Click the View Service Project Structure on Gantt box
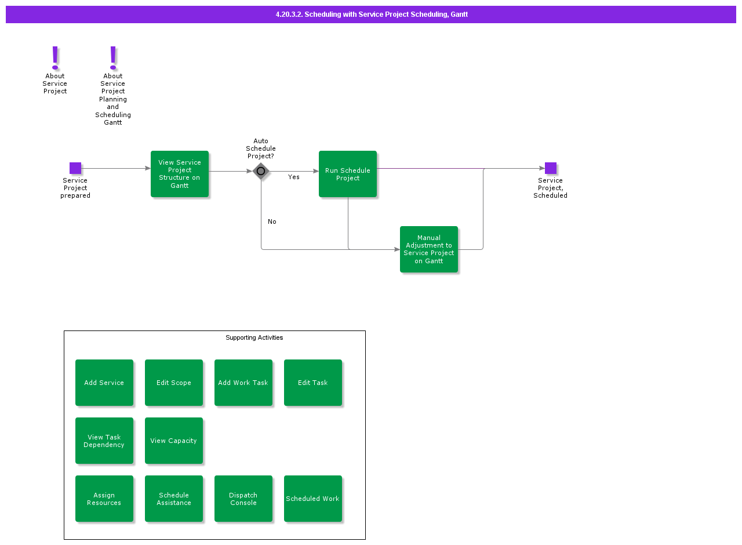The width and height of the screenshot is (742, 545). tap(180, 174)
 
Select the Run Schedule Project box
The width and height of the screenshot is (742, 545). tap(348, 174)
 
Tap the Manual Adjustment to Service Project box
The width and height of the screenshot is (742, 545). tap(429, 249)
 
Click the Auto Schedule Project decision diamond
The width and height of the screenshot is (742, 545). tap(261, 171)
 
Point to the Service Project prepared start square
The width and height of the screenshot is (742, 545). tap(75, 168)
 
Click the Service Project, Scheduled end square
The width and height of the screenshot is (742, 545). tap(551, 168)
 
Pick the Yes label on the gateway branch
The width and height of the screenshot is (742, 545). tap(294, 177)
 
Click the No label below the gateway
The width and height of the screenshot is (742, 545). tap(272, 222)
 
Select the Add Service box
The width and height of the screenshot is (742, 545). tap(104, 383)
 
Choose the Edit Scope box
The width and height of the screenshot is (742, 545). tap(174, 383)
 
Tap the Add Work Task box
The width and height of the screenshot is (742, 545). tap(243, 383)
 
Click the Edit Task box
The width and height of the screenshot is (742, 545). tap(313, 383)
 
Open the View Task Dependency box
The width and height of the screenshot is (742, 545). tap(104, 441)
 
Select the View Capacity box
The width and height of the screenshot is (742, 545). tap(174, 441)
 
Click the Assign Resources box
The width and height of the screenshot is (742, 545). tap(104, 499)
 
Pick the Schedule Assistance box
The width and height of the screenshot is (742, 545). tap(174, 499)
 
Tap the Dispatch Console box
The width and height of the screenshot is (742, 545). tap(243, 499)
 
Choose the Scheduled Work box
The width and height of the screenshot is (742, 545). tap(313, 499)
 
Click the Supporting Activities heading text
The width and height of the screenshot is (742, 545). tap(254, 338)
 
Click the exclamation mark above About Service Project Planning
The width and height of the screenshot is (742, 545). tap(113, 58)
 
